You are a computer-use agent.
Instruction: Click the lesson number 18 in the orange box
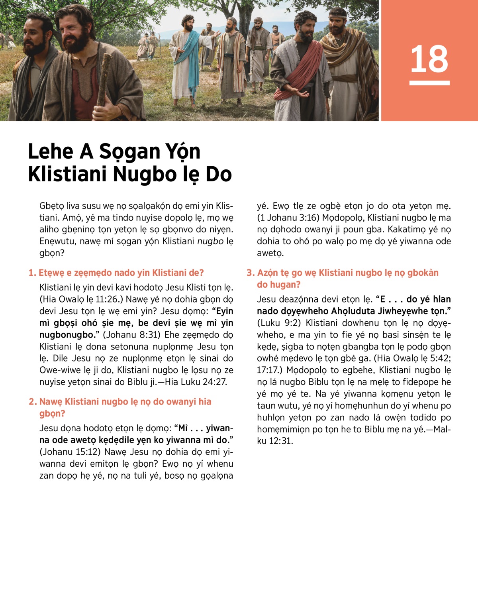click(x=429, y=59)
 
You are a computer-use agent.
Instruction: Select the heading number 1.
click(x=32, y=273)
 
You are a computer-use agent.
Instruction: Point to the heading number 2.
click(x=32, y=402)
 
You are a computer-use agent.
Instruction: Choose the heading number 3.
click(x=250, y=273)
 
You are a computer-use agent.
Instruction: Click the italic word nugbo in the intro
click(x=210, y=242)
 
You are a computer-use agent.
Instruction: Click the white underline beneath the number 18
click(x=429, y=83)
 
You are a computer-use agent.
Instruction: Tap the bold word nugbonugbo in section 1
click(x=65, y=335)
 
